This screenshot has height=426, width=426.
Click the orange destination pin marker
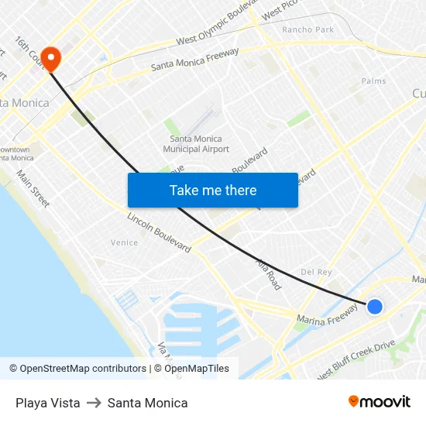tap(51, 58)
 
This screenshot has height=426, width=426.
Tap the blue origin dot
tap(374, 307)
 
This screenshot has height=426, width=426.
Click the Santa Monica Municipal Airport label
tap(196, 143)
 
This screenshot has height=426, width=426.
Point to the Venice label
tap(124, 242)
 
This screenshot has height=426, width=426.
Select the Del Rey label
tap(316, 272)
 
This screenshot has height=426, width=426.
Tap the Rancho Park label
tap(307, 29)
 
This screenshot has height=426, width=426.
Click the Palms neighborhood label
tap(373, 81)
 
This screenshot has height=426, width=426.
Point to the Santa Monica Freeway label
tap(194, 60)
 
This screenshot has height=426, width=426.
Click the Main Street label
tap(33, 189)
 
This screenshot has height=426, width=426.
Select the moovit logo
tap(379, 401)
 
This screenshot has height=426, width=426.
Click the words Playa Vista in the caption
tap(47, 403)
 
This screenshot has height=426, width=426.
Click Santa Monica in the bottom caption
tap(147, 403)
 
